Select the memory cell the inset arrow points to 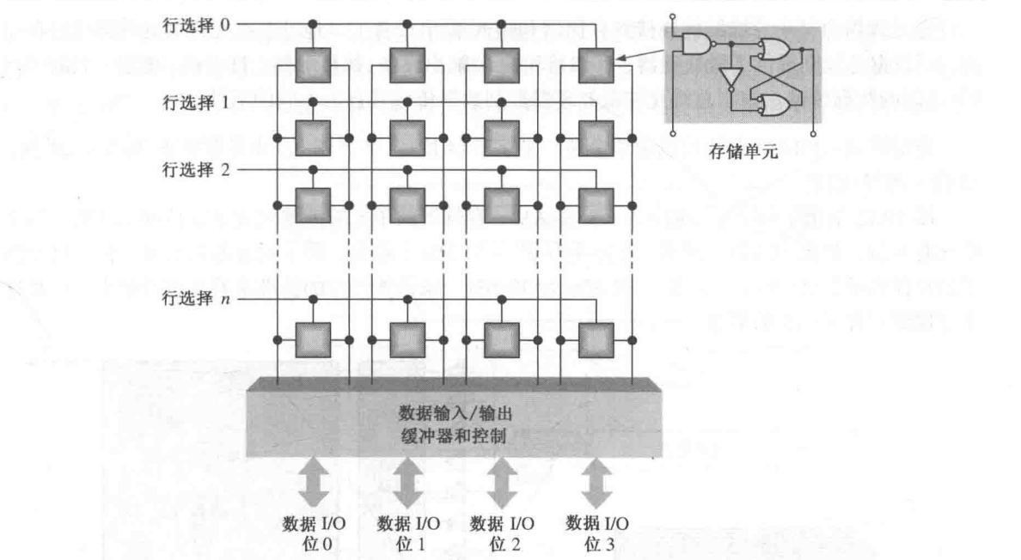[596, 64]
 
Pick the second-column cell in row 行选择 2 [407, 204]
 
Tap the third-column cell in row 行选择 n [502, 339]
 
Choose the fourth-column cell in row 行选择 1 [596, 136]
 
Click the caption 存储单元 [741, 153]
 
